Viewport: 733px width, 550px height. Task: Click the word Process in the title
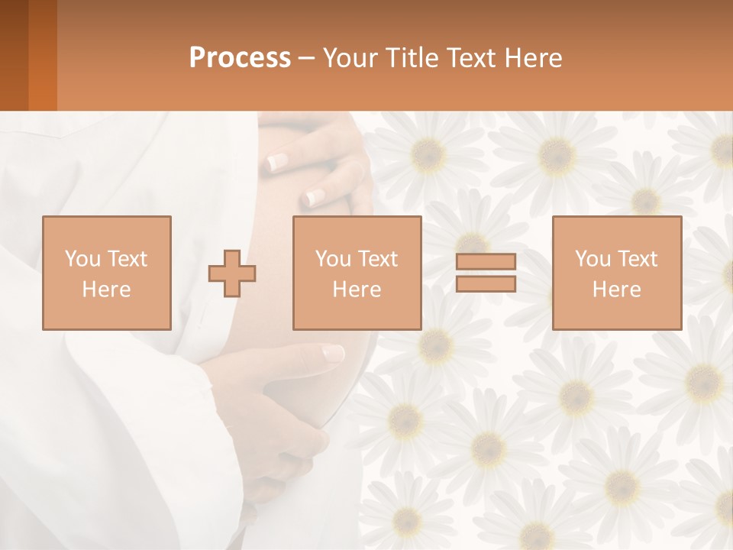click(x=240, y=58)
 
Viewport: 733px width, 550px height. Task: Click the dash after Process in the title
click(x=306, y=59)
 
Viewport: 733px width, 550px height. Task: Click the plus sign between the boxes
click(x=233, y=273)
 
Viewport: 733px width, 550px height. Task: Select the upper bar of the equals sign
click(x=486, y=261)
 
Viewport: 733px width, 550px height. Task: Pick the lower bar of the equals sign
click(x=486, y=284)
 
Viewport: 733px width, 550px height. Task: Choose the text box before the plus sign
click(x=106, y=273)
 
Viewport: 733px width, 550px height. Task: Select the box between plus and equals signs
click(x=357, y=273)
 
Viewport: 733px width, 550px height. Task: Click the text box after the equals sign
click(x=616, y=273)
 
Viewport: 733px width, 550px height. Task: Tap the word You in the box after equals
click(x=593, y=259)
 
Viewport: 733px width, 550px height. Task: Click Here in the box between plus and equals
click(x=357, y=289)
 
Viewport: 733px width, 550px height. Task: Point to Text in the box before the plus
click(x=128, y=259)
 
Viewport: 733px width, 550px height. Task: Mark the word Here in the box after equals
click(x=616, y=289)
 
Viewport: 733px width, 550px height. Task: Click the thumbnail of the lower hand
click(x=333, y=353)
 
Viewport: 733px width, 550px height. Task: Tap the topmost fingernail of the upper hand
click(x=276, y=161)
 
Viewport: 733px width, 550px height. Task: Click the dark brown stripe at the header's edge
click(x=14, y=55)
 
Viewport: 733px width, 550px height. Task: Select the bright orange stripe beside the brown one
click(x=42, y=55)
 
